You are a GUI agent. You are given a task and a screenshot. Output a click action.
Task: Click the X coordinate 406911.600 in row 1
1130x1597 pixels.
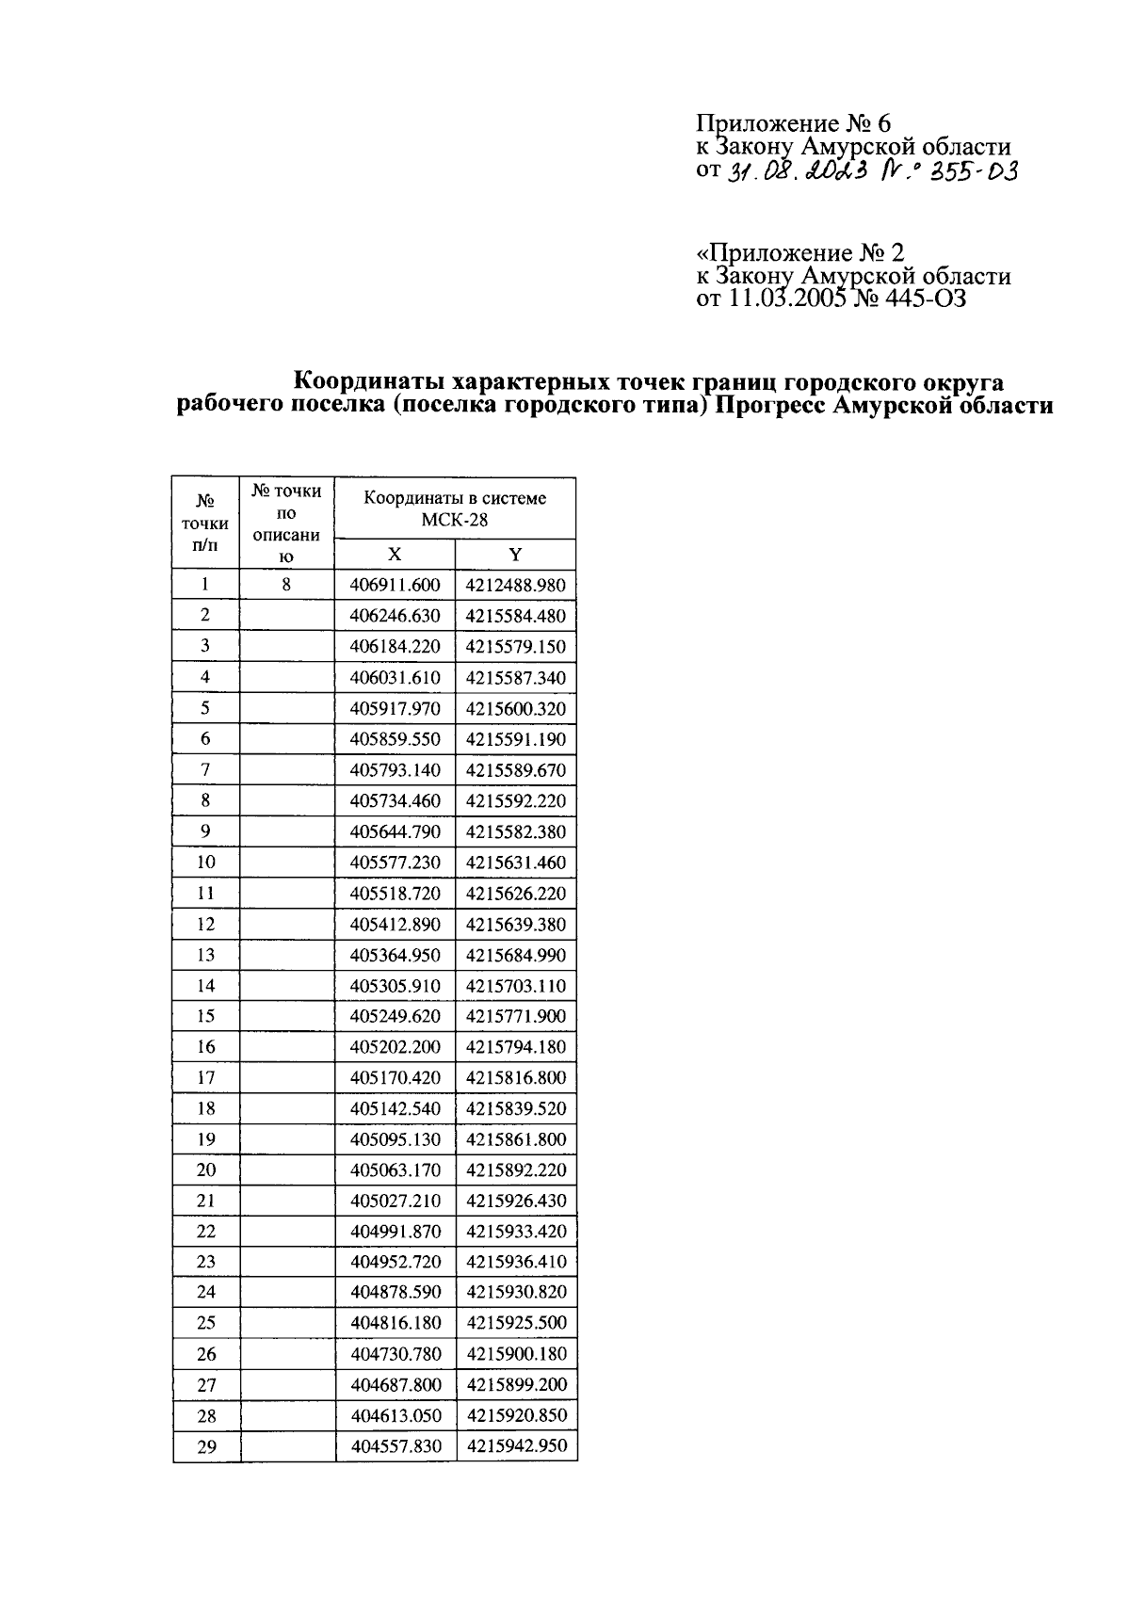395,585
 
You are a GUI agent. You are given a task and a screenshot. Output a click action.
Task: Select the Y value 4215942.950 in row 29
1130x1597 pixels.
516,1445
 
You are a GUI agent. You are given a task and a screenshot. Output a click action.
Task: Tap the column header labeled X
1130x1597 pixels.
395,555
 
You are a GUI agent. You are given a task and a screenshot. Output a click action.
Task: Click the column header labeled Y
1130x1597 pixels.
515,555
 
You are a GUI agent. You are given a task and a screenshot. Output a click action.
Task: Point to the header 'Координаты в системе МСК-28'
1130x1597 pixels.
455,508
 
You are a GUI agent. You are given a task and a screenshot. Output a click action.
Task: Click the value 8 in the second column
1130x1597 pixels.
287,585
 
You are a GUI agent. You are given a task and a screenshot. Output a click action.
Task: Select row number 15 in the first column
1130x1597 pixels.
205,1016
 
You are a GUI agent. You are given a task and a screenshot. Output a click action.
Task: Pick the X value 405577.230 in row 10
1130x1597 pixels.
395,863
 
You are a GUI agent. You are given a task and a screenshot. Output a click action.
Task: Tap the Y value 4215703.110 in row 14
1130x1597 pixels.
516,986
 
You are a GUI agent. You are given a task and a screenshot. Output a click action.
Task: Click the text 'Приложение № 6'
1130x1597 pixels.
793,123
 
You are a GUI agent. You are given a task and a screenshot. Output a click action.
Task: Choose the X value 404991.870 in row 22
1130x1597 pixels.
395,1232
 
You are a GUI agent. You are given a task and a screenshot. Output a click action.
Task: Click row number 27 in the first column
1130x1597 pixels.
205,1385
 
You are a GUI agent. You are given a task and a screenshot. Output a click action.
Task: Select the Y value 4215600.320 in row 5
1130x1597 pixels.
516,708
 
